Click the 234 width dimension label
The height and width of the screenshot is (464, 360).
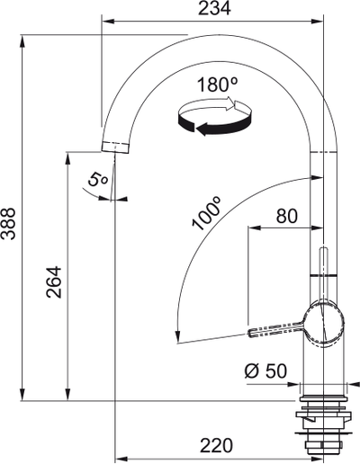215,9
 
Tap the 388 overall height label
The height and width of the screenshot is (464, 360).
8,224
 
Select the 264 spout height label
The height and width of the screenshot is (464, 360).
54,282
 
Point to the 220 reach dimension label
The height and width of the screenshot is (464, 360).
216,445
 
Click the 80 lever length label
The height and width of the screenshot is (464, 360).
287,216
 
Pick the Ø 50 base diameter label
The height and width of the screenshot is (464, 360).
265,370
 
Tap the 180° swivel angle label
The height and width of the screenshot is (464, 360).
218,85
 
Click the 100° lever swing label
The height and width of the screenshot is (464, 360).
207,213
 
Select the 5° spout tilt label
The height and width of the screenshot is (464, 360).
97,181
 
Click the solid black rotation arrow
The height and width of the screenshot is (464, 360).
214,125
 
